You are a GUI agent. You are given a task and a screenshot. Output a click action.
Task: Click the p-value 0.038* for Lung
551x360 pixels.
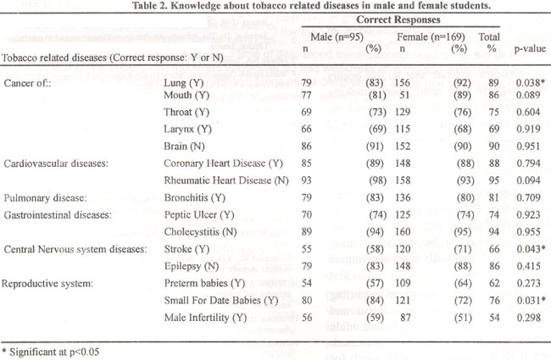coord(531,83)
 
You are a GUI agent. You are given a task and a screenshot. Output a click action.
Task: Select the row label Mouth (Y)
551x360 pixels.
coord(186,95)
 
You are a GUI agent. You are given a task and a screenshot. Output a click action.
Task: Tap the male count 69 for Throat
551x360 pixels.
coord(306,112)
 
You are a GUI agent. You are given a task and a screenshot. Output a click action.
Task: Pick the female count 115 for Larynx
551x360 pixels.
coord(403,129)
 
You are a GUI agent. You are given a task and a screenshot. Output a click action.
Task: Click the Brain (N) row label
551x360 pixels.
coord(184,146)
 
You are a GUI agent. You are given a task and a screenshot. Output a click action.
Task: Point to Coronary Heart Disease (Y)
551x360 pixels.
coord(224,163)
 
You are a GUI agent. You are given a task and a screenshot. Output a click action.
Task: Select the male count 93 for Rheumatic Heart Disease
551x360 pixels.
coord(306,180)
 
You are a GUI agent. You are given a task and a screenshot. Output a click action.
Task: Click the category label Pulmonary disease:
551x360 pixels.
coord(45,197)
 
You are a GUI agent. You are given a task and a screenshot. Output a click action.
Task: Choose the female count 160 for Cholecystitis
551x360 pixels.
coord(403,232)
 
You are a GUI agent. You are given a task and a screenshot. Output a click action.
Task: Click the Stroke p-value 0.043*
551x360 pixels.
coord(531,249)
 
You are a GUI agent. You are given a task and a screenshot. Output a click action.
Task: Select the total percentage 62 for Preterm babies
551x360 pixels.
coord(494,283)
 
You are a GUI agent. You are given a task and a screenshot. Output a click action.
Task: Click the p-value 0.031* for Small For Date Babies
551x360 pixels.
coord(531,301)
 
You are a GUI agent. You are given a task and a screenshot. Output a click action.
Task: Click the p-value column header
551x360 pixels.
coord(530,49)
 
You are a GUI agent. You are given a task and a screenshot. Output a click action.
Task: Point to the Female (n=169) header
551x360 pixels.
coord(431,37)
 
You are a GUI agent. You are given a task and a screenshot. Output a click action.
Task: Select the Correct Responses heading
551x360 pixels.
coord(398,19)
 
